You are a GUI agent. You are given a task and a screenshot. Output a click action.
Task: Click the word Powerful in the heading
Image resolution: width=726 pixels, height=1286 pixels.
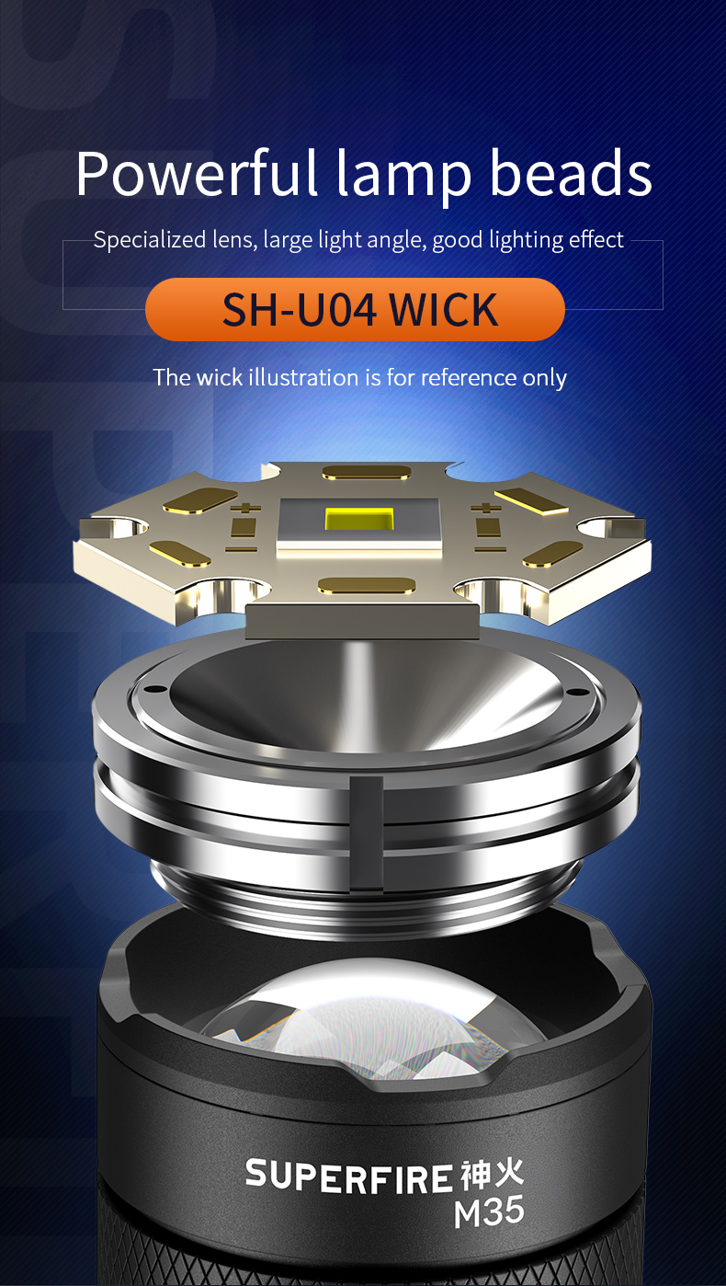197,173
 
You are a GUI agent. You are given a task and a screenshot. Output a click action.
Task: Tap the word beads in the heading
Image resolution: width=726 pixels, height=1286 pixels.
571,173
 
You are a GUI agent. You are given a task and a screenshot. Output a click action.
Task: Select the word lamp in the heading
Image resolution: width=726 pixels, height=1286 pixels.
403,177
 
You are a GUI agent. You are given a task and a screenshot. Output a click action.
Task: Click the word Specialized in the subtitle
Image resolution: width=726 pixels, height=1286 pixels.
150,240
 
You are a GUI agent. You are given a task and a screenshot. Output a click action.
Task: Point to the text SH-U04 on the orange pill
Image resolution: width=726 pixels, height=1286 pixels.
300,310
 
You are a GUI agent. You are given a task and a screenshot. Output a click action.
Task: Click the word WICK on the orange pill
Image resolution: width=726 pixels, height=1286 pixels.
443,310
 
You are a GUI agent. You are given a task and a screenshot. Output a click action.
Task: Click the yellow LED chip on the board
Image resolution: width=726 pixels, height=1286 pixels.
359,519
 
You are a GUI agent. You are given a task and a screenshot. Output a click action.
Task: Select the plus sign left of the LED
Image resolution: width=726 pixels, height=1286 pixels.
245,508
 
